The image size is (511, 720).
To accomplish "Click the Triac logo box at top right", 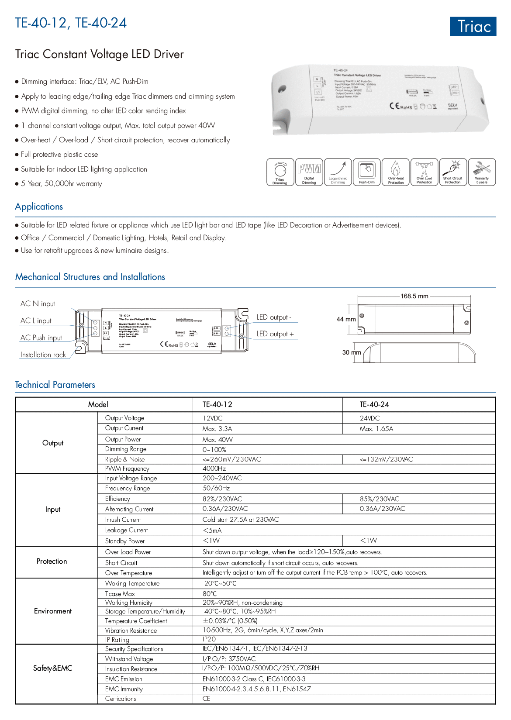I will click(x=473, y=26).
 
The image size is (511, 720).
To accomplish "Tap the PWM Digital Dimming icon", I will click(x=309, y=172).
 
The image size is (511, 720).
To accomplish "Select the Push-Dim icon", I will click(x=367, y=172).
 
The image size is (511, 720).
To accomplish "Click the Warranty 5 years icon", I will click(x=482, y=172).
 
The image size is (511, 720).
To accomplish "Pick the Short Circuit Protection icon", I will click(x=453, y=172).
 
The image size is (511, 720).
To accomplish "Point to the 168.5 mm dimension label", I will click(x=414, y=296).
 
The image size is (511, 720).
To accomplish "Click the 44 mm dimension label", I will click(x=346, y=319).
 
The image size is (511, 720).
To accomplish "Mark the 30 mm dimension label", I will click(x=351, y=352).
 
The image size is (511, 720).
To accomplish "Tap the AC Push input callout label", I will click(x=41, y=338).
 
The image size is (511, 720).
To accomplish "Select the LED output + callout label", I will click(x=275, y=334).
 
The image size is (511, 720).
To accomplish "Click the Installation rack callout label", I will click(x=43, y=355).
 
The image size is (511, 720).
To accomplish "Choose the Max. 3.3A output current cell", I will click(x=217, y=429).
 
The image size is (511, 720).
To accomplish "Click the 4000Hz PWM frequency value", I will click(x=214, y=469).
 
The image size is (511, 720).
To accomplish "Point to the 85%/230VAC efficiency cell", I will click(x=379, y=499).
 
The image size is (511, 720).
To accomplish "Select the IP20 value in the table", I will click(x=209, y=639).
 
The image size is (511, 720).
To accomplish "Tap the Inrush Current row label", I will click(x=123, y=520).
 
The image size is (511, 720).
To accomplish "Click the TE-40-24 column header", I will click(x=374, y=404).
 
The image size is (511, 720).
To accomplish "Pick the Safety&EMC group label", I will click(x=53, y=668).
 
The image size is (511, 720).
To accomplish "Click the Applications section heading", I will click(x=39, y=207).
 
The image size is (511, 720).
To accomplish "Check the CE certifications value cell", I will click(x=206, y=699).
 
